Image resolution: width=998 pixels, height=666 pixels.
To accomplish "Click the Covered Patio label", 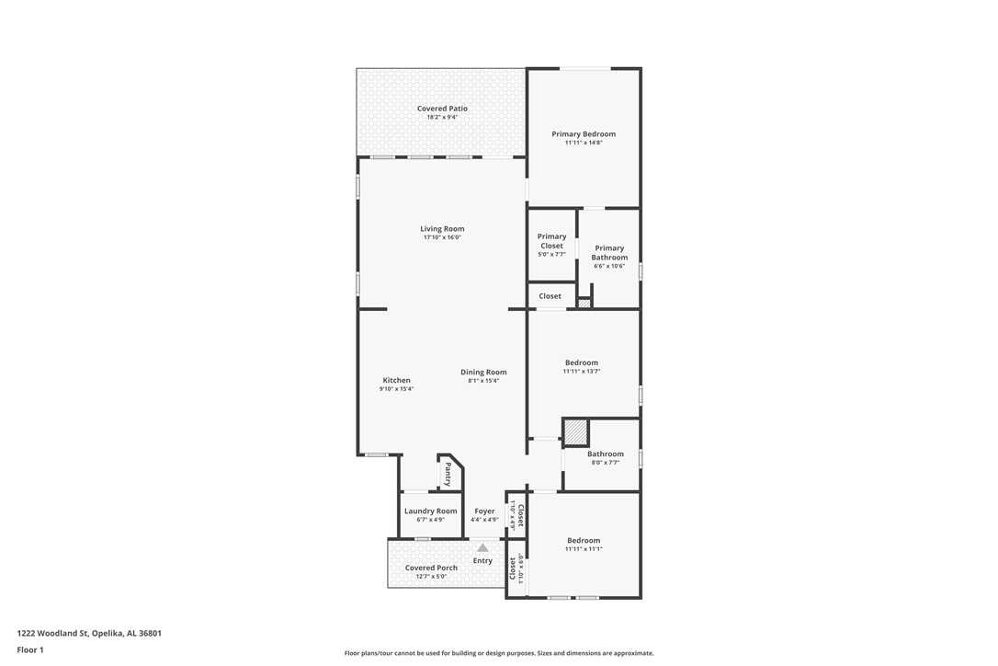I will tap(442, 109).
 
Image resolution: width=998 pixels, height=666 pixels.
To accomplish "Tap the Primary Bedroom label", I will tap(584, 134).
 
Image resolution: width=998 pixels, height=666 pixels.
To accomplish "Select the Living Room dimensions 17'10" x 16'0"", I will tap(442, 237).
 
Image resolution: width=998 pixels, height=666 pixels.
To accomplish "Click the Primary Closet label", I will tap(551, 241).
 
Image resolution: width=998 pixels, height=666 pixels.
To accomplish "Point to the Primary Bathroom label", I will tap(609, 252).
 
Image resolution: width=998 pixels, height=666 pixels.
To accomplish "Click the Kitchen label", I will tap(396, 380).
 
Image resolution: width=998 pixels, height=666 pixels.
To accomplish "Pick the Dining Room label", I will tap(483, 372).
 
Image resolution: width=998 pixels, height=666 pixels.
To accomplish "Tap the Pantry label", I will tap(448, 475).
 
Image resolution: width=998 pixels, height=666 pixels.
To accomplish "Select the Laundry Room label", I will tap(430, 511).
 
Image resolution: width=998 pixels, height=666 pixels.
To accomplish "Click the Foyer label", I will tap(484, 511).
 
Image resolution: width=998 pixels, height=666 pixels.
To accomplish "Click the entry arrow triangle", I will tap(482, 547).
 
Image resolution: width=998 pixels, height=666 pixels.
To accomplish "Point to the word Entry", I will tap(482, 560).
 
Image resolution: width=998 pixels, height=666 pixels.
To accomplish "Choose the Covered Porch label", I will tap(431, 568).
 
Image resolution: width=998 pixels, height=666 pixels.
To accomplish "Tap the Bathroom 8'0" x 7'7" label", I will tap(606, 454).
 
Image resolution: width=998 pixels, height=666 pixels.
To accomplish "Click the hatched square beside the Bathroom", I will tap(575, 431).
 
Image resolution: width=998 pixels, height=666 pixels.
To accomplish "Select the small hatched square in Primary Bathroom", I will tap(584, 302).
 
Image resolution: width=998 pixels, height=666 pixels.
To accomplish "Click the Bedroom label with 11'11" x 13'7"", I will tap(582, 362).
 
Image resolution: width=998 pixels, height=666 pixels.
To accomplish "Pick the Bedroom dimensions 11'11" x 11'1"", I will tap(584, 549).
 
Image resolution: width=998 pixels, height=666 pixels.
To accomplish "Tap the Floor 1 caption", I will tap(29, 650).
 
